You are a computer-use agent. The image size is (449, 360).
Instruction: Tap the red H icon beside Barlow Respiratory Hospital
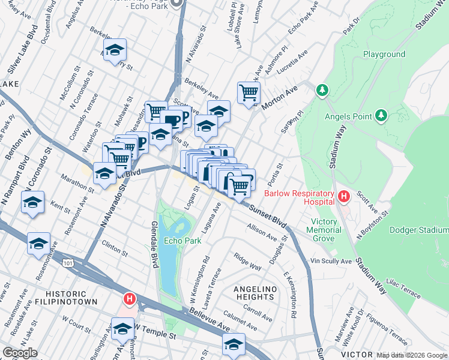click(343, 196)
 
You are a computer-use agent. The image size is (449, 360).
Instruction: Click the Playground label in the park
click(384, 54)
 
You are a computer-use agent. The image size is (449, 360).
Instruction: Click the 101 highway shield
click(68, 262)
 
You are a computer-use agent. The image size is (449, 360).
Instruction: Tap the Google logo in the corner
click(20, 353)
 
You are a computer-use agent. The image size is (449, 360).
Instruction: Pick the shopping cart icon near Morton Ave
click(248, 93)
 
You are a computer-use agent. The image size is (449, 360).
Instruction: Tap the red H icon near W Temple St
click(129, 298)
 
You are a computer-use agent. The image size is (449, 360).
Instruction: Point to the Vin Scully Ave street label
click(331, 262)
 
